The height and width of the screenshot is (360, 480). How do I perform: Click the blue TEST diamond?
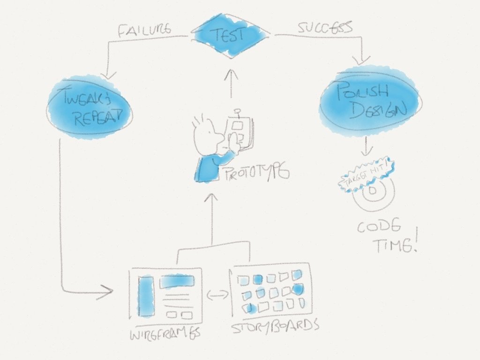click(230, 35)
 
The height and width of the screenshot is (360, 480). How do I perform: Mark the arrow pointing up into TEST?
click(231, 82)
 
